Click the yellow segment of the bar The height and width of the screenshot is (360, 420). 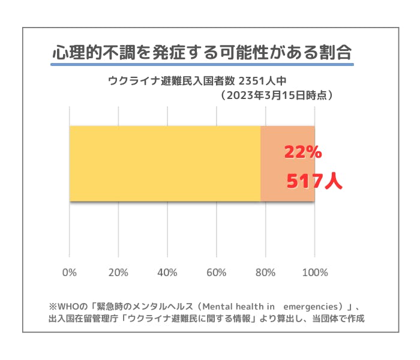165,164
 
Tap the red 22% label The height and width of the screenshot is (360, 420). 303,153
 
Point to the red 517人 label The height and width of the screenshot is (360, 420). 314,181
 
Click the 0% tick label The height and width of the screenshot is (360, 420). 70,273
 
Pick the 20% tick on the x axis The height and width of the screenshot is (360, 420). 119,273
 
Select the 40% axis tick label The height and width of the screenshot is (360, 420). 167,273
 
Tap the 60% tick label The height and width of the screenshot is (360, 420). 217,273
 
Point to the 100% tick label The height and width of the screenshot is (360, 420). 314,273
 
